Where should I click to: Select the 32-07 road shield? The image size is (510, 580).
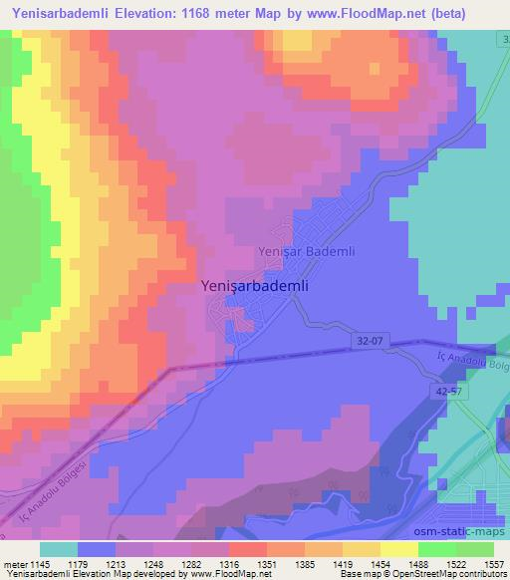[369, 341]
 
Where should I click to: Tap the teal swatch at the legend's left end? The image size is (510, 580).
[59, 549]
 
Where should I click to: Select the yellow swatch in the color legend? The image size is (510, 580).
[398, 549]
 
